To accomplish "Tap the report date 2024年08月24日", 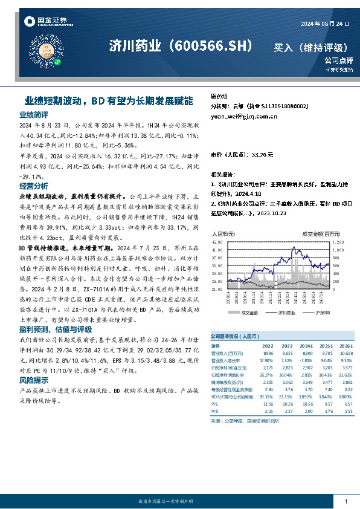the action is point(325,24).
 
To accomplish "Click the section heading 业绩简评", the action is point(34,114).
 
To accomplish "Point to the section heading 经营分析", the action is point(34,186).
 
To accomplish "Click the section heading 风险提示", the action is point(34,381).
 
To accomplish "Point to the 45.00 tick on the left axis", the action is point(217,241).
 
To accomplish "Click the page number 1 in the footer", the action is point(345,502).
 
